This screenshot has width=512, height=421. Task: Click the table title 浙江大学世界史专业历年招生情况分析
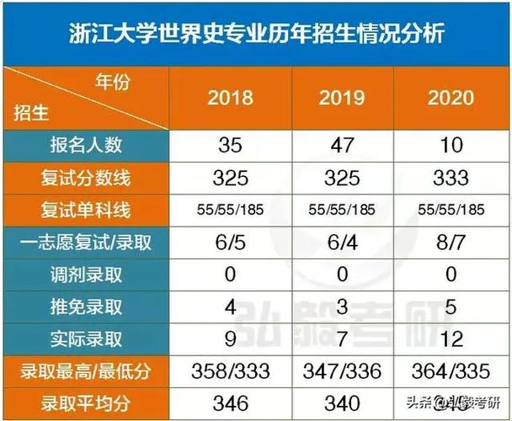pyautogui.click(x=256, y=35)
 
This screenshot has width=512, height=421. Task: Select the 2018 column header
pyautogui.click(x=230, y=98)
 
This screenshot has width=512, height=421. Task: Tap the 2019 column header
pyautogui.click(x=342, y=98)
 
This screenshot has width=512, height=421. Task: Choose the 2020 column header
pyautogui.click(x=451, y=98)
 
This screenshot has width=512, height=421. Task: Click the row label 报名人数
pyautogui.click(x=86, y=145)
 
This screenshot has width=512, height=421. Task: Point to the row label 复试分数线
pyautogui.click(x=86, y=178)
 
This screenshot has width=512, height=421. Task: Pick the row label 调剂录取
pyautogui.click(x=86, y=274)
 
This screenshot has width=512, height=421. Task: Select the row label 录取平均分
pyautogui.click(x=86, y=402)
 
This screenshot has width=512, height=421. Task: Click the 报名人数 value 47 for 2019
pyautogui.click(x=342, y=145)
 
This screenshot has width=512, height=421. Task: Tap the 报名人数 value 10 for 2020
pyautogui.click(x=451, y=145)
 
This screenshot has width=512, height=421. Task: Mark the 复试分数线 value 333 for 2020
pyautogui.click(x=451, y=178)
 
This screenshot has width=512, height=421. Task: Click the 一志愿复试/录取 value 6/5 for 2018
pyautogui.click(x=230, y=242)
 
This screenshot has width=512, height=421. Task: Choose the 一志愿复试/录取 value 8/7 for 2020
pyautogui.click(x=451, y=242)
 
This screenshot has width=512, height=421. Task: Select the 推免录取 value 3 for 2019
pyautogui.click(x=342, y=306)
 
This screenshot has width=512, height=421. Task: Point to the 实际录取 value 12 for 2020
pyautogui.click(x=451, y=339)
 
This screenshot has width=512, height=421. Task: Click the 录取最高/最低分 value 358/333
pyautogui.click(x=230, y=371)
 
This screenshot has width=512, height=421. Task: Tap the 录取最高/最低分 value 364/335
pyautogui.click(x=451, y=371)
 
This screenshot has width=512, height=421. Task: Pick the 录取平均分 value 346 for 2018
pyautogui.click(x=230, y=402)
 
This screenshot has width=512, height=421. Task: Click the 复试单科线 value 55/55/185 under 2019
pyautogui.click(x=342, y=210)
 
